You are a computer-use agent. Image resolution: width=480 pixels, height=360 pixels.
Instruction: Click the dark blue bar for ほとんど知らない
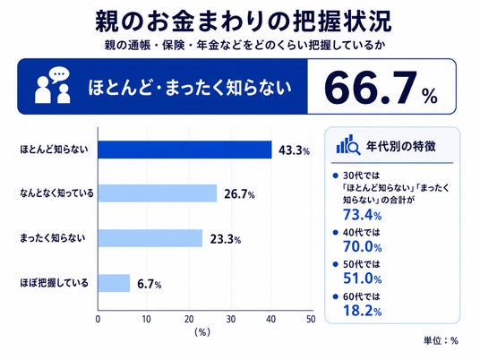pyautogui.click(x=184, y=150)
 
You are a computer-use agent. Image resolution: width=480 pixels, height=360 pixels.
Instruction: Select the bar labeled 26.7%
pyautogui.click(x=158, y=193)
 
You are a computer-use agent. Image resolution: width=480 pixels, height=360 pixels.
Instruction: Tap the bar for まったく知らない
pyautogui.click(x=150, y=238)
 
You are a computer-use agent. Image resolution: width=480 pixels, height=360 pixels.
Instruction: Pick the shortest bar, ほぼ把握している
pyautogui.click(x=114, y=283)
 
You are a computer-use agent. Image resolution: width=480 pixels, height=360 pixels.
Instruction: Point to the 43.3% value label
pyautogui.click(x=295, y=150)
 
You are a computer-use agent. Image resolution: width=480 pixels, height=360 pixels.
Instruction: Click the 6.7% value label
pyautogui.click(x=149, y=285)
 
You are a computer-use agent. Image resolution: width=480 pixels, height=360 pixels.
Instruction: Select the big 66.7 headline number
pyautogui.click(x=371, y=88)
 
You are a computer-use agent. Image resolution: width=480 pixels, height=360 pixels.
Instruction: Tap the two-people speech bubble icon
pyautogui.click(x=53, y=85)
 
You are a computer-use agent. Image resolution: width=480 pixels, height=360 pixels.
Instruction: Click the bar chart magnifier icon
pyautogui.click(x=348, y=145)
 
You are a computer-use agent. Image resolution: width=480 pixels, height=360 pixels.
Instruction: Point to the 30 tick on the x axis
pyautogui.click(x=231, y=320)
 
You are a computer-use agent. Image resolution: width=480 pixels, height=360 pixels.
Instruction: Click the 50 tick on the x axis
pyautogui.click(x=311, y=320)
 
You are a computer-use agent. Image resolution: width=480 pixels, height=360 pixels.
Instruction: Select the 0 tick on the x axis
pyautogui.click(x=98, y=320)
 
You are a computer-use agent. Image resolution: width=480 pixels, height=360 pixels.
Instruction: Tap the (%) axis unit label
pyautogui.click(x=202, y=332)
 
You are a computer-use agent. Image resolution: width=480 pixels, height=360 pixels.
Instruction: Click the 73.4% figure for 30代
pyautogui.click(x=362, y=215)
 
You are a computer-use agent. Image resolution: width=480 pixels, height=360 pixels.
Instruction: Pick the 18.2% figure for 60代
pyautogui.click(x=362, y=311)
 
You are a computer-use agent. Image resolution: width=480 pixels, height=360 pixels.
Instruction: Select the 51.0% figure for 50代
pyautogui.click(x=362, y=279)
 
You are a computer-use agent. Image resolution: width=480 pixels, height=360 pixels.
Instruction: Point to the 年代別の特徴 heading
pyautogui.click(x=400, y=146)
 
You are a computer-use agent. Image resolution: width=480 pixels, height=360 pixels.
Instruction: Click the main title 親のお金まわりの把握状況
pyautogui.click(x=244, y=21)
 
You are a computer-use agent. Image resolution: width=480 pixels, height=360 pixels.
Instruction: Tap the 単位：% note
pyautogui.click(x=441, y=340)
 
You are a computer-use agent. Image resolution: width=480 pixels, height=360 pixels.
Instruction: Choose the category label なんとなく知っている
pyautogui.click(x=56, y=193)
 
